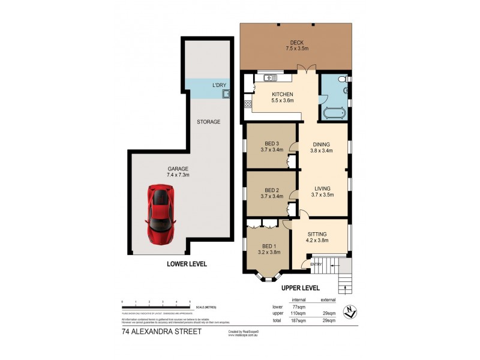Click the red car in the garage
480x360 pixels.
(160, 214)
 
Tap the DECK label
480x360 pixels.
(297, 43)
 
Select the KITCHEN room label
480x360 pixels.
(283, 94)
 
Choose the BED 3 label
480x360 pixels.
(272, 143)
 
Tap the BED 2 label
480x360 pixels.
(272, 190)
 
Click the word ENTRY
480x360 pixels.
(315, 263)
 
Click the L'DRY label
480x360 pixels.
(218, 85)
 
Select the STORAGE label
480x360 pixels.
(209, 122)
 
